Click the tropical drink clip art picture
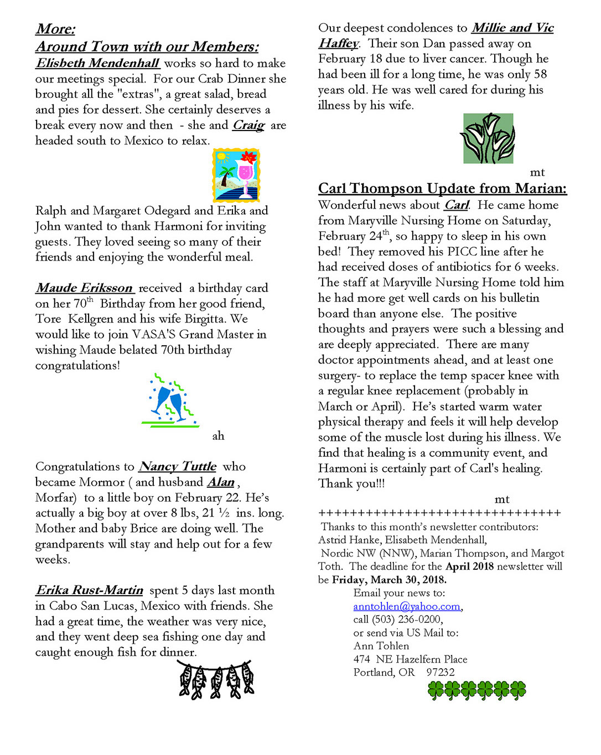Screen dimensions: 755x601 click(x=236, y=174)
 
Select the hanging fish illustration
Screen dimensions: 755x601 click(x=216, y=679)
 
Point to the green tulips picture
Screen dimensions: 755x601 click(x=488, y=138)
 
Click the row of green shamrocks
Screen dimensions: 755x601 click(x=476, y=690)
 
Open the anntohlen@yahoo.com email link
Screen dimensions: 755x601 click(x=406, y=606)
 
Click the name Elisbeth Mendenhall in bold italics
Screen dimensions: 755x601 click(x=98, y=63)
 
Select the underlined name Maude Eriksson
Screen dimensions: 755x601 click(x=85, y=288)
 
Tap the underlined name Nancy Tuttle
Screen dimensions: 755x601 click(x=178, y=466)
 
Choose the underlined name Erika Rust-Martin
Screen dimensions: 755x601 click(x=90, y=590)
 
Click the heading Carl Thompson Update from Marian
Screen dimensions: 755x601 click(x=442, y=189)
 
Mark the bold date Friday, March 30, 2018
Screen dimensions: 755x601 click(x=389, y=580)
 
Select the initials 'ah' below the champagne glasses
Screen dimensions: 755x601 click(x=218, y=436)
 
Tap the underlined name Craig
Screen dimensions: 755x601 click(x=248, y=125)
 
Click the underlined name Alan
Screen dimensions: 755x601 click(x=221, y=482)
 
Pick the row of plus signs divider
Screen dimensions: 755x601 click(x=439, y=513)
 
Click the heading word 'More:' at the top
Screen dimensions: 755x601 click(x=55, y=29)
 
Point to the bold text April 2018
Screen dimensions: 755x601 click(x=470, y=566)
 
